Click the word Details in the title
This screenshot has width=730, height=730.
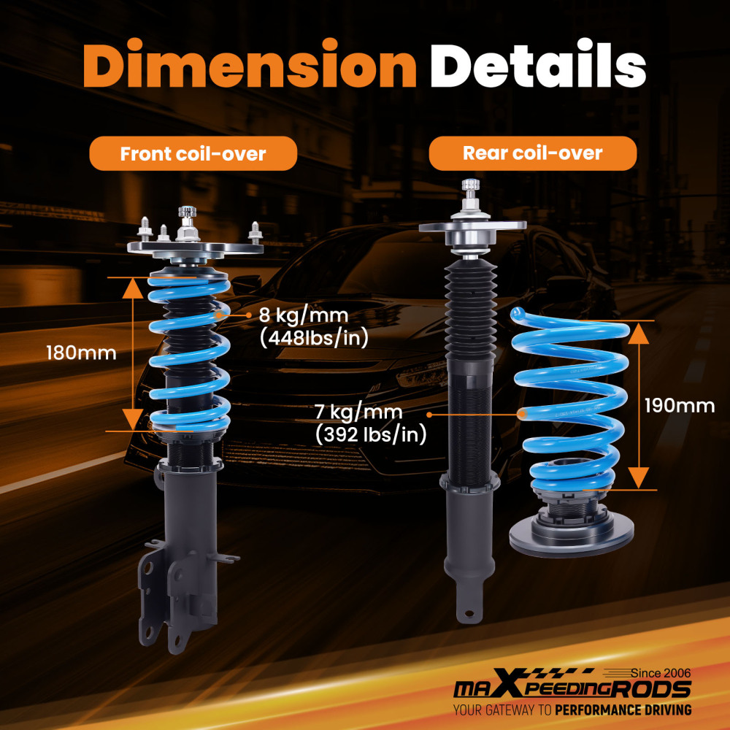click(537, 68)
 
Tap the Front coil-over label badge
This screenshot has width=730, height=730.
click(193, 154)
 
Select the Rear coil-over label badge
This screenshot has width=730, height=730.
click(532, 153)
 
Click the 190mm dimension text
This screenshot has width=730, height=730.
click(680, 406)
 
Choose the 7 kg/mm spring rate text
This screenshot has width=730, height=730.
click(358, 413)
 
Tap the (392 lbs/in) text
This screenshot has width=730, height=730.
click(371, 435)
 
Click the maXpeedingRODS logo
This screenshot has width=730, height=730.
click(572, 689)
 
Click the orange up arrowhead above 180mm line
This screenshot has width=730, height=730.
click(132, 289)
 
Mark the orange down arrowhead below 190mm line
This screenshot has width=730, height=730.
click(639, 477)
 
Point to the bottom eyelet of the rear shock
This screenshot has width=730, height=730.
click(466, 610)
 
